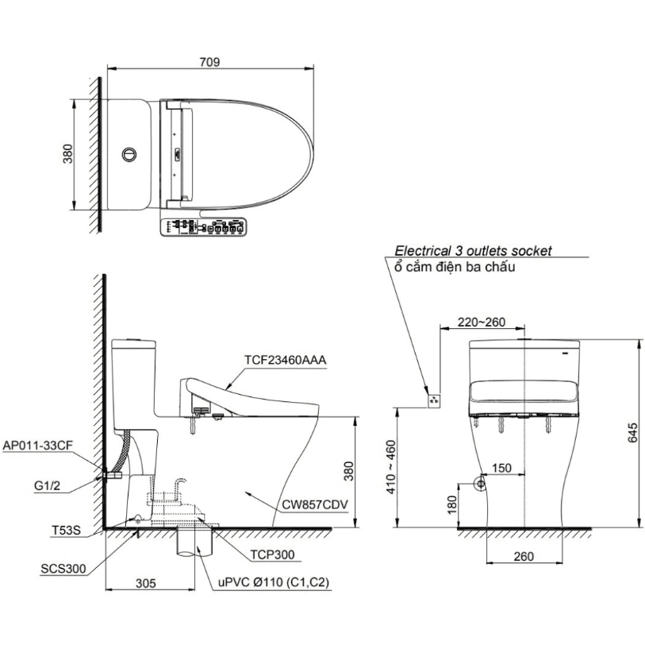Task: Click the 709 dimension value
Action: click(209, 62)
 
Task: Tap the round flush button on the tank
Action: click(129, 154)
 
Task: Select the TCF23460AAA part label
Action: click(285, 360)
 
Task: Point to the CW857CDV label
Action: click(315, 504)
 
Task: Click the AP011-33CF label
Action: click(37, 446)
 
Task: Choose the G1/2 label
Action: click(47, 486)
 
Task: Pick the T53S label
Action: click(66, 530)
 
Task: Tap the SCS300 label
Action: click(63, 569)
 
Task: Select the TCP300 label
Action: click(272, 554)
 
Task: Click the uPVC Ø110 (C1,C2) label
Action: click(274, 583)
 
